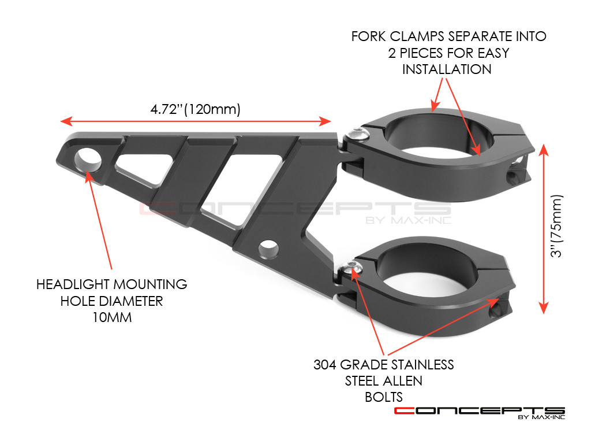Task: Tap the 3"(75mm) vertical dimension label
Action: coord(556,225)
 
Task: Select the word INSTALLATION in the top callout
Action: coord(447,69)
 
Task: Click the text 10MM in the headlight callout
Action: coord(111,317)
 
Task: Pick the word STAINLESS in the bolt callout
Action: coord(420,365)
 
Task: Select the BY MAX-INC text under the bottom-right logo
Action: coord(542,417)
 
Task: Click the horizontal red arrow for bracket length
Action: coord(196,121)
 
